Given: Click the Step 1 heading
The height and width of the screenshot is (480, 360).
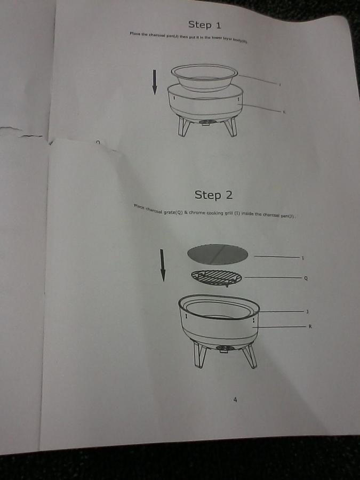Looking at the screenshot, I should click(205, 25).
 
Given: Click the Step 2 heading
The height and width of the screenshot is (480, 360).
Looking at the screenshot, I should click(213, 195).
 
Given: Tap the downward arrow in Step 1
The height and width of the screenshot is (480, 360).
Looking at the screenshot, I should click(155, 82).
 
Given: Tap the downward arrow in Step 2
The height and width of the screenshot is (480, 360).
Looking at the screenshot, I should click(163, 265).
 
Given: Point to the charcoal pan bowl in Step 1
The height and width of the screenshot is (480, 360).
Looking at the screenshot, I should click(204, 77).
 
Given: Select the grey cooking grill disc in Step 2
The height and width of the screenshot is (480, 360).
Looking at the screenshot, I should click(218, 254).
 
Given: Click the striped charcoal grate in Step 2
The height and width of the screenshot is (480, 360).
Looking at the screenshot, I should click(217, 277).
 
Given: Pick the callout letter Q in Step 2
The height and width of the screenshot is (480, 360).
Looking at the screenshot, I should click(305, 278).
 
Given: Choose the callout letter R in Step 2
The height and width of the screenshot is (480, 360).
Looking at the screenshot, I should click(309, 326).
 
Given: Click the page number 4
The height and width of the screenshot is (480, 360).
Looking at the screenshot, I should click(235, 400).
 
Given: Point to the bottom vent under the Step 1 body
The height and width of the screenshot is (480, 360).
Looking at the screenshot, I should click(206, 122).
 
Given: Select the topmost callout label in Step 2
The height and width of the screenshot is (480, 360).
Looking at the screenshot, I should click(303, 258).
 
